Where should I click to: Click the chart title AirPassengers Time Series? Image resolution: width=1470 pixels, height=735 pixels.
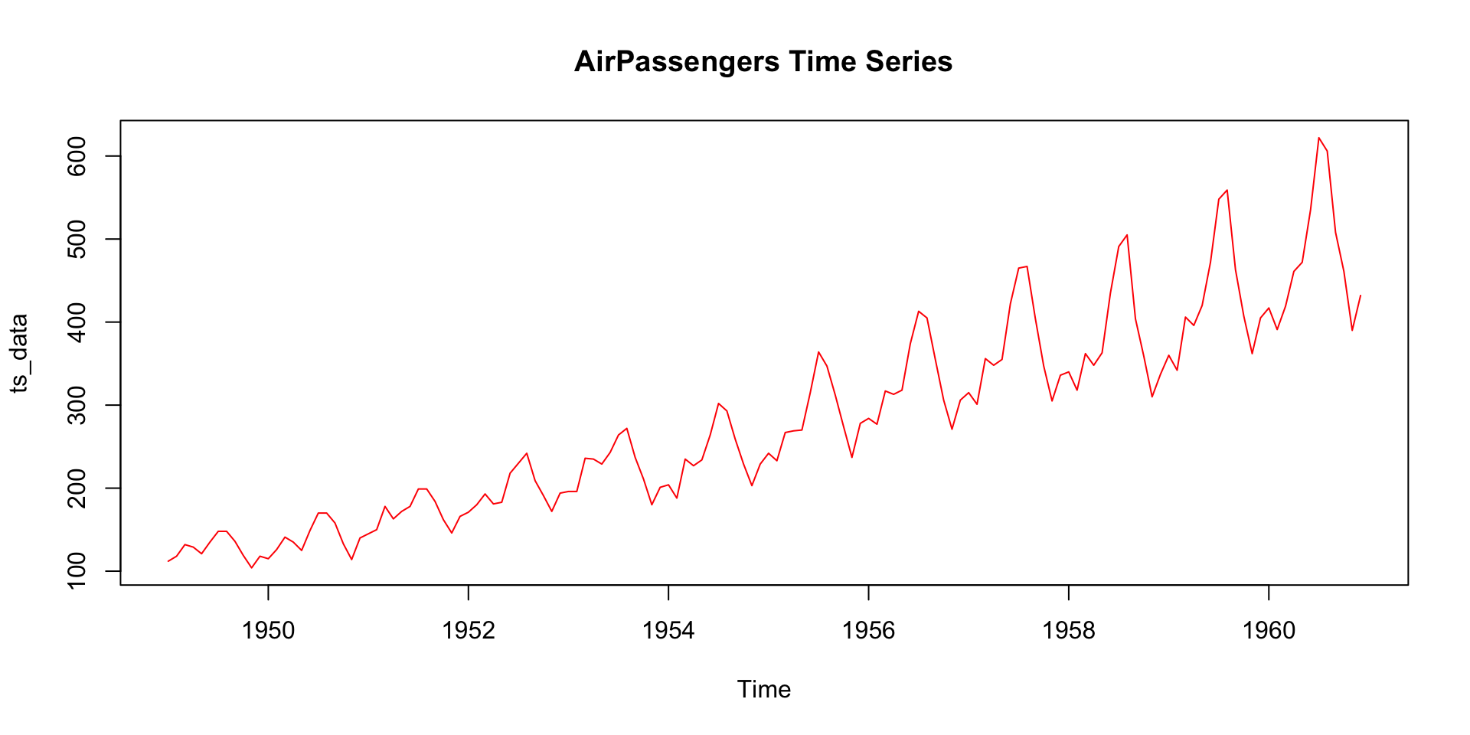point(763,62)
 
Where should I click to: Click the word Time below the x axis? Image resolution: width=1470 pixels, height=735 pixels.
point(763,689)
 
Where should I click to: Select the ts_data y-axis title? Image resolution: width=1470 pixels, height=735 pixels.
point(19,353)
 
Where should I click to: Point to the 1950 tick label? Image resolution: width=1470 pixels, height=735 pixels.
point(268,630)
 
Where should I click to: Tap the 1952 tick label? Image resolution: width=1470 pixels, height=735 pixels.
point(469,630)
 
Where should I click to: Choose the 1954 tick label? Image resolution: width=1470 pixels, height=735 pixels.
point(668,630)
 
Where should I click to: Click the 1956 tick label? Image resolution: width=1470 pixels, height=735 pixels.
point(868,630)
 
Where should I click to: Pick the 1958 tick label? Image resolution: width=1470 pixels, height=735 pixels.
point(1069,630)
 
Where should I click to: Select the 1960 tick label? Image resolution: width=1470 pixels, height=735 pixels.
point(1269,630)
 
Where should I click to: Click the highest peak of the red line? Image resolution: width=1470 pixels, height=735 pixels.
point(1318,138)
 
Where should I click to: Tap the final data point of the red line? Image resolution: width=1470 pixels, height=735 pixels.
point(1360,296)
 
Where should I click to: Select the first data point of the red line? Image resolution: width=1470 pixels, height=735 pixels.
point(168,561)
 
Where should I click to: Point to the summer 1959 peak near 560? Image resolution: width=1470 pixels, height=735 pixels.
point(1227,190)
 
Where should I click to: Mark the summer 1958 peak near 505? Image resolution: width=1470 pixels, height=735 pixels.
point(1127,235)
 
